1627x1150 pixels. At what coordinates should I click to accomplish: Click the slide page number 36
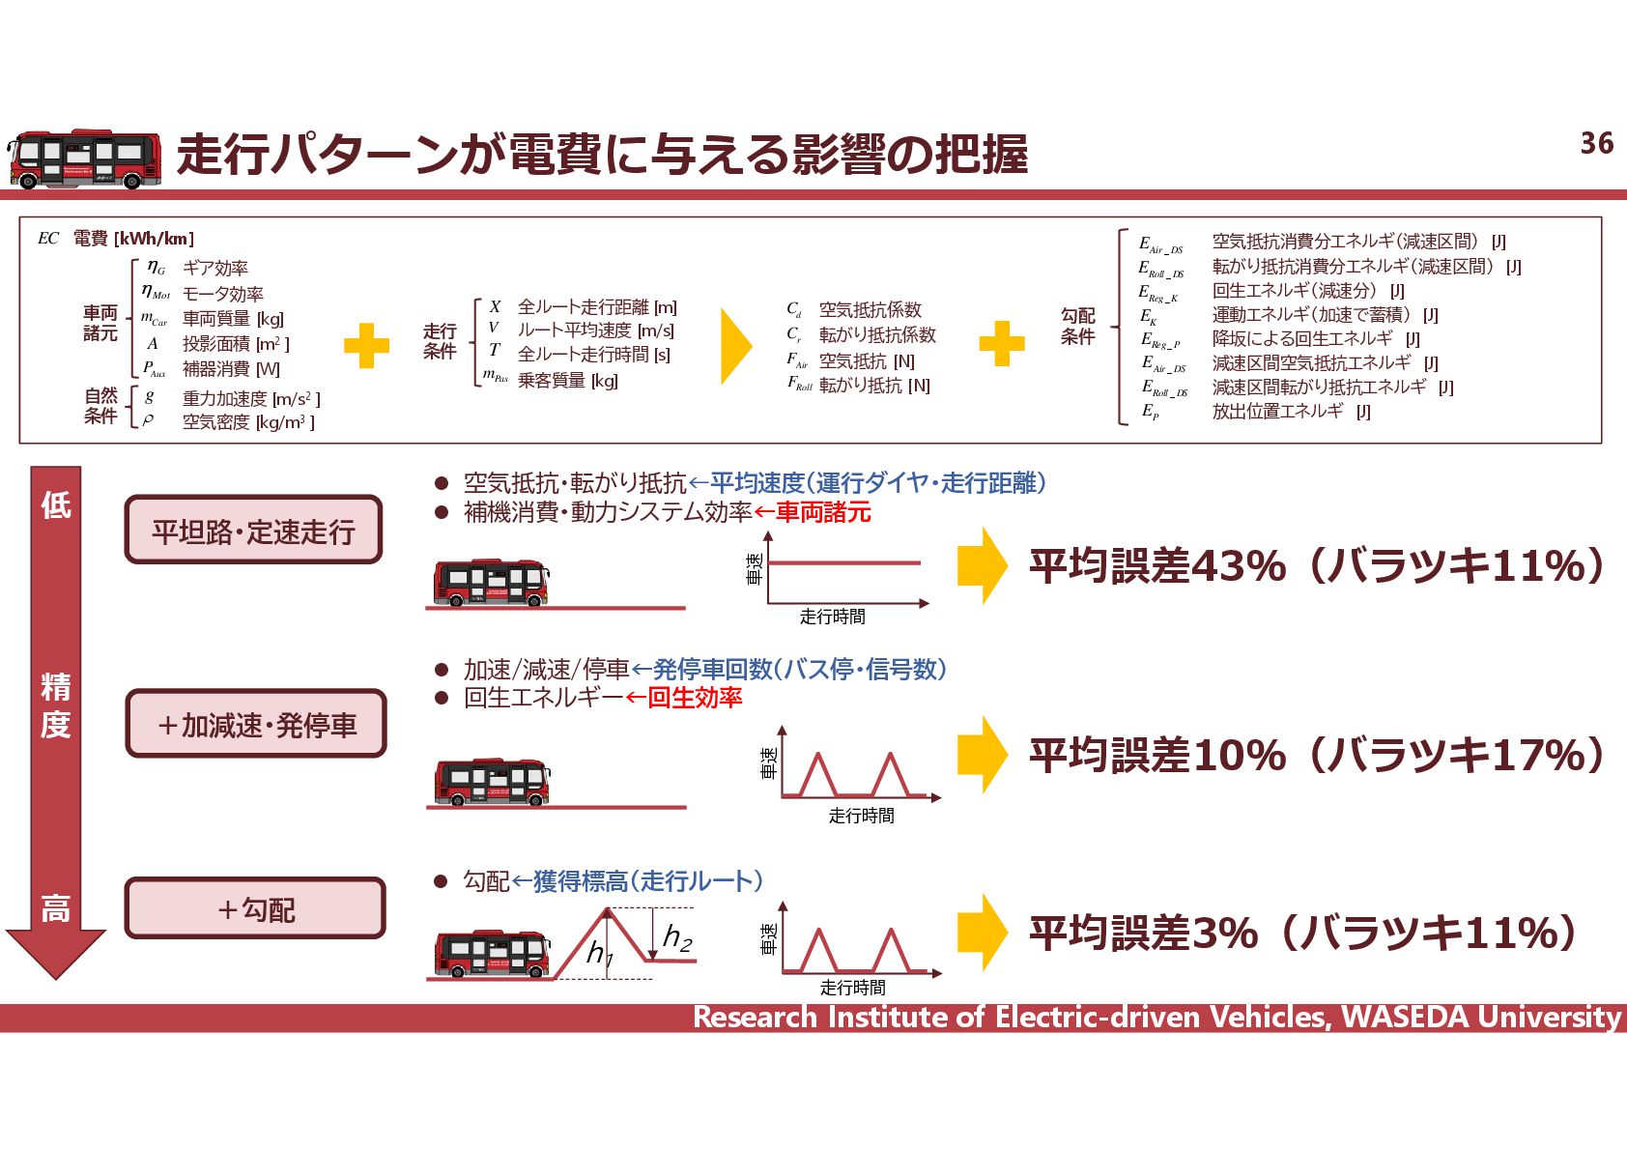coord(1596,143)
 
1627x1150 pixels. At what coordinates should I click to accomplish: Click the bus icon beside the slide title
coord(84,158)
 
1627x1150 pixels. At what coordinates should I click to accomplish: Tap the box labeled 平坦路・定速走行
coord(253,530)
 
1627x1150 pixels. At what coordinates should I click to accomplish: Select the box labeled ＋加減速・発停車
coord(256,724)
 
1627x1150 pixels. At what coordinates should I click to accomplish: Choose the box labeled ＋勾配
coord(255,908)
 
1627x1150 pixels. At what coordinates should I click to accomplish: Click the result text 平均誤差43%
coord(1157,566)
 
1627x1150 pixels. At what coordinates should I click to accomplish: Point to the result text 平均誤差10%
coord(1157,755)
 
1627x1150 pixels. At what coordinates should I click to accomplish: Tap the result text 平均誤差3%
coord(1143,934)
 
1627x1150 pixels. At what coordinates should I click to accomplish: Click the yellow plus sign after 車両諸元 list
coord(366,345)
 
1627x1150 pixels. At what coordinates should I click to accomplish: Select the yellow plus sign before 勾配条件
coord(1002,344)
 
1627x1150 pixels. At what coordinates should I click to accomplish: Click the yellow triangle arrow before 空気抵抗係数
coord(735,346)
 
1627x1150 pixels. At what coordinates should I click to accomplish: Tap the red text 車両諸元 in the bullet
coord(823,512)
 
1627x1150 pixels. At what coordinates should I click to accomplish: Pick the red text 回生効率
coord(695,698)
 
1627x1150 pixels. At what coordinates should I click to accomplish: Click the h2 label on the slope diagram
coord(678,936)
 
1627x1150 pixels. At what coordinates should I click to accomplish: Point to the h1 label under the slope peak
coord(599,954)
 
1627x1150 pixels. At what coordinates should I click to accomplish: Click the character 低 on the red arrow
coord(55,504)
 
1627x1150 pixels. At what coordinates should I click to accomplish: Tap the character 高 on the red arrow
coord(55,908)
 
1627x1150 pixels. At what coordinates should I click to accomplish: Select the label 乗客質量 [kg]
coord(567,381)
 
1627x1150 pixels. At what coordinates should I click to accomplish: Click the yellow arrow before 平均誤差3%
coord(983,932)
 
